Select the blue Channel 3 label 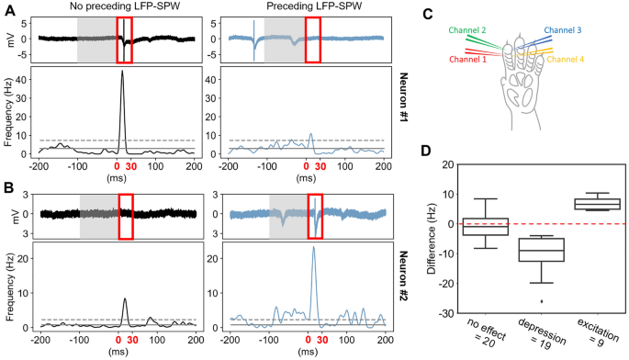coord(562,30)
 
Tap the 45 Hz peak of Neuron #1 coord(123,72)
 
